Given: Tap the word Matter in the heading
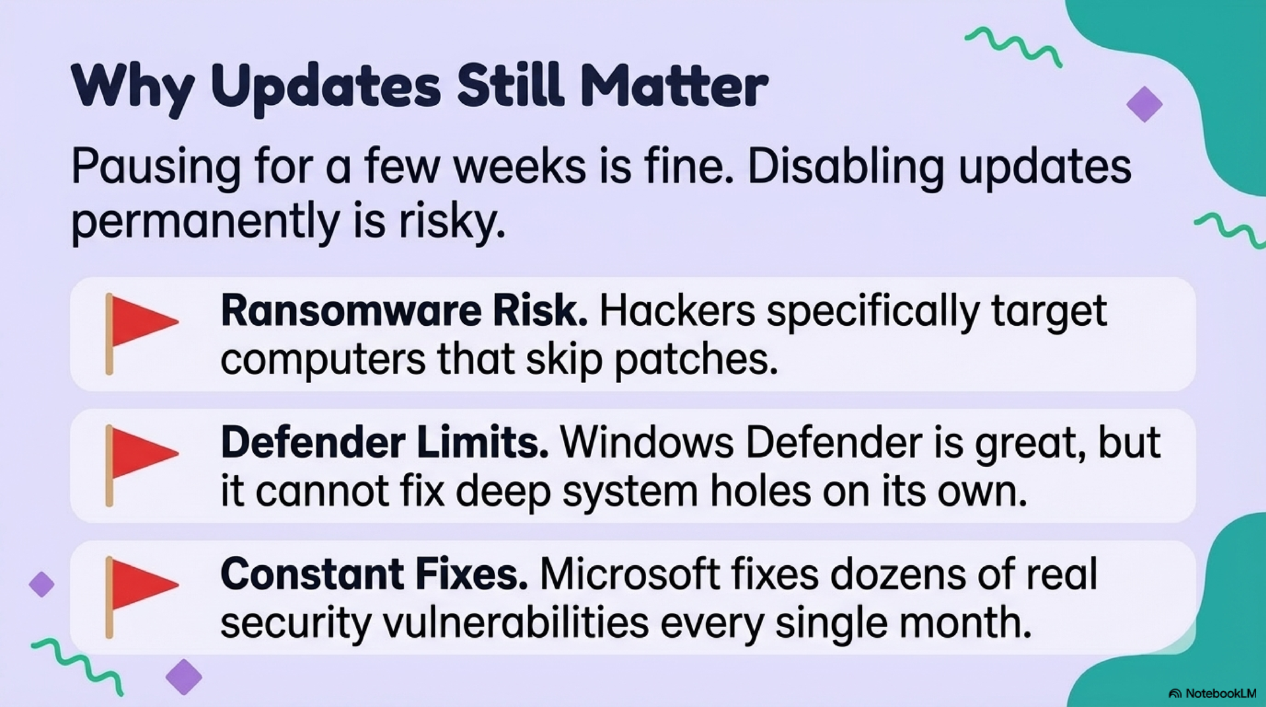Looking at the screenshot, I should coord(674,86).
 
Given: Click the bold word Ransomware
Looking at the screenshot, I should coord(351,311).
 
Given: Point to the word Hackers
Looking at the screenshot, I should coord(677,311).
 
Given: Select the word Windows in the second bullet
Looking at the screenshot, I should coord(647,443).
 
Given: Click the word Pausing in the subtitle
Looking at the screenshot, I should coord(156,168).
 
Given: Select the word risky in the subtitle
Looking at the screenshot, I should coord(452,222).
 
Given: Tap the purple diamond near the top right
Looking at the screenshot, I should coord(1144,104).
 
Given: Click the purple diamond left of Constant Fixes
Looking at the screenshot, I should coord(42,584).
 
